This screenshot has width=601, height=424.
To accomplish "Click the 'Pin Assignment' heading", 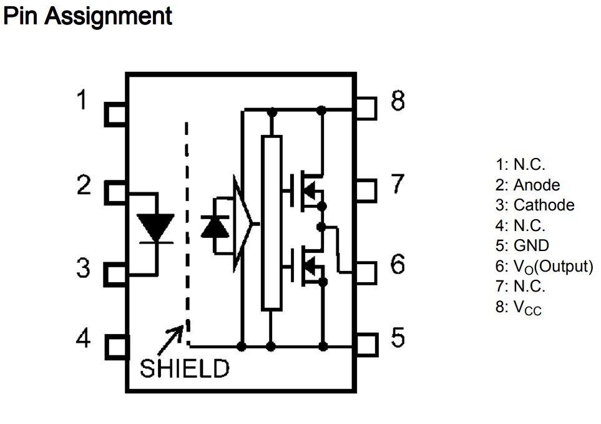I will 87,16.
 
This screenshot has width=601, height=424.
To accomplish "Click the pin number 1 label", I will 82,99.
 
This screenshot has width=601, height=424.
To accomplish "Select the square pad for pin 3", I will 115,273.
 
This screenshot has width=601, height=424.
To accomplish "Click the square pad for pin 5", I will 368,343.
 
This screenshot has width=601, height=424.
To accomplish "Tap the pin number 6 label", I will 398,265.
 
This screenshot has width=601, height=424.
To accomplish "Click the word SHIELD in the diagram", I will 185,368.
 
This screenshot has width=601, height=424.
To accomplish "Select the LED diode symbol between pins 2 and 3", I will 155,227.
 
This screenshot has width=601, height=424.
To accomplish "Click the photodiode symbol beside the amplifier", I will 215,226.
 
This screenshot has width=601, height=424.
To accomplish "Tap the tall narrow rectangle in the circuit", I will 271,222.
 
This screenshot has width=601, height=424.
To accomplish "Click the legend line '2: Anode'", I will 527,185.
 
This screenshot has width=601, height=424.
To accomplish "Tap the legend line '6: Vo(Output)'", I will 544,266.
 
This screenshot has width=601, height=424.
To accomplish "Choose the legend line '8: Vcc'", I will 519,307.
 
